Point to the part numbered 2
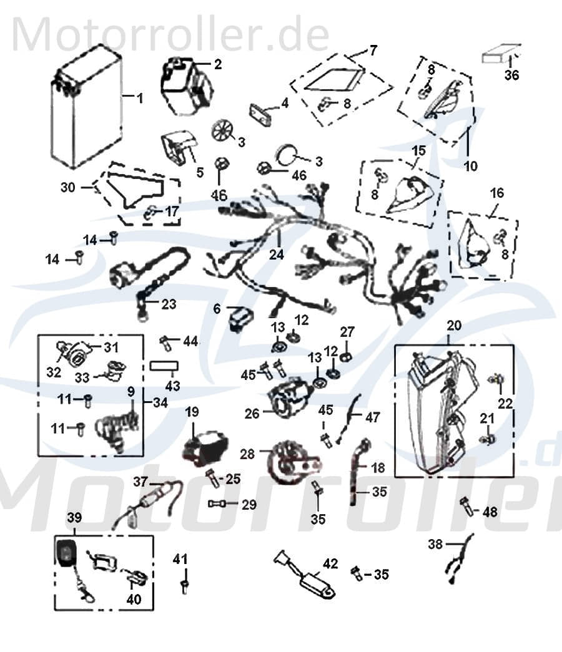click(185, 87)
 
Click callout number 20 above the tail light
click(454, 325)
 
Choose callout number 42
click(330, 563)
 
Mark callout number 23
click(169, 304)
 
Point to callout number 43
click(172, 386)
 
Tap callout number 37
click(141, 481)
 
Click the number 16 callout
click(496, 193)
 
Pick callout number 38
click(435, 544)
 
